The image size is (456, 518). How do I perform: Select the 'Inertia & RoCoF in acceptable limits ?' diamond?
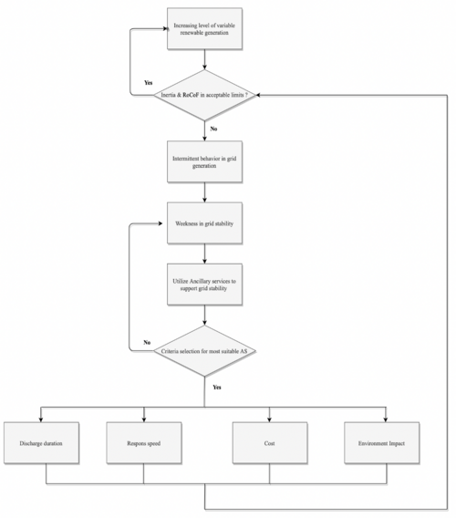point(204,94)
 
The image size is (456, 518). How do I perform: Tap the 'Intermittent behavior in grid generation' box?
point(204,163)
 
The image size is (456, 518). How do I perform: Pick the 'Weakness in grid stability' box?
point(204,223)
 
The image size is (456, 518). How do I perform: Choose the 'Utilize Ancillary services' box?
point(204,284)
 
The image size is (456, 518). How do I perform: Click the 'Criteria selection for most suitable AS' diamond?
point(204,351)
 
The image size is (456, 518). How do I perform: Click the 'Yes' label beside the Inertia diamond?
point(148,83)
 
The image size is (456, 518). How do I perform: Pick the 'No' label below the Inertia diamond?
point(214,129)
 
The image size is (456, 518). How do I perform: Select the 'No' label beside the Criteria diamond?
point(147,342)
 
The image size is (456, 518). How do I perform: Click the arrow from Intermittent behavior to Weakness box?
point(204,193)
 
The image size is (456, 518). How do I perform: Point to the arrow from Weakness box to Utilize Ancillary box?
point(204,254)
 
